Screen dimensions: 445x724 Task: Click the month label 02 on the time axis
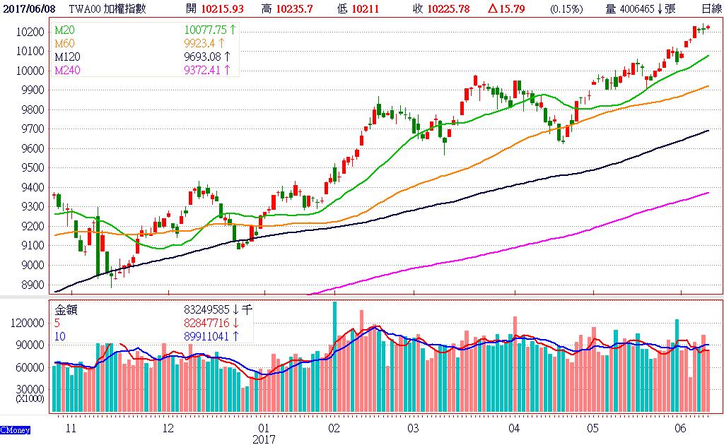pos(334,428)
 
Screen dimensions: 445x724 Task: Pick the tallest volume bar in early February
pos(334,357)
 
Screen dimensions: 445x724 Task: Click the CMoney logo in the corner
pos(14,429)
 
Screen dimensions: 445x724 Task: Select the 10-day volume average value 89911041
pos(205,336)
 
